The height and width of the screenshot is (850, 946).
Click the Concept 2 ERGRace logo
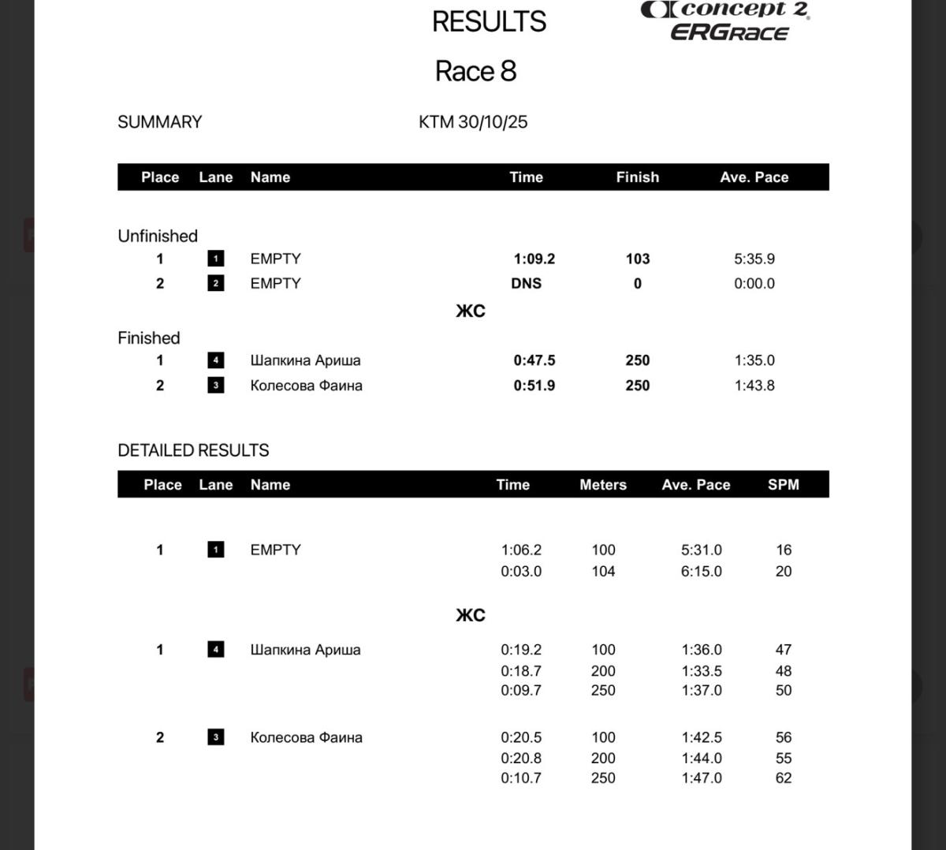[725, 21]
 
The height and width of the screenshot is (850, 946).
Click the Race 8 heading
[475, 71]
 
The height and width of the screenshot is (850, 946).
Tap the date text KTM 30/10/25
[473, 122]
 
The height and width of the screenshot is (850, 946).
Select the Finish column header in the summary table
[637, 177]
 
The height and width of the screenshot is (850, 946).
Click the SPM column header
[783, 485]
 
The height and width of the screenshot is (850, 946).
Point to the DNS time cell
[526, 283]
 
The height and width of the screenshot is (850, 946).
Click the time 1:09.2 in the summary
[534, 259]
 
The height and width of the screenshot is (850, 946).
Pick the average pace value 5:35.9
[754, 259]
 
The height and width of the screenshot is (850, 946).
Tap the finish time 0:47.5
[534, 360]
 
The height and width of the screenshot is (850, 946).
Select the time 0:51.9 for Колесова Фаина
[534, 386]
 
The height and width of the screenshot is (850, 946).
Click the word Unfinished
[158, 236]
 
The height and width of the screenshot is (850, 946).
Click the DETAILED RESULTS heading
[193, 450]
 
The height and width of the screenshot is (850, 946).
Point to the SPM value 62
[783, 778]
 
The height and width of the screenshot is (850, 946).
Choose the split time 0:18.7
[520, 671]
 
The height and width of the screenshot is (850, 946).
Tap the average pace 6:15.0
[701, 572]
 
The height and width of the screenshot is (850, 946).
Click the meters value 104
[603, 572]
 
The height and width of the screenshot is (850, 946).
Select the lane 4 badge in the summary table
[215, 360]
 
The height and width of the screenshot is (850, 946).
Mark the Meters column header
[603, 485]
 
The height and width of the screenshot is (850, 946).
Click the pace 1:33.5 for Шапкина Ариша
[701, 671]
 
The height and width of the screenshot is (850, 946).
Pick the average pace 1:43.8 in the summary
[754, 386]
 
